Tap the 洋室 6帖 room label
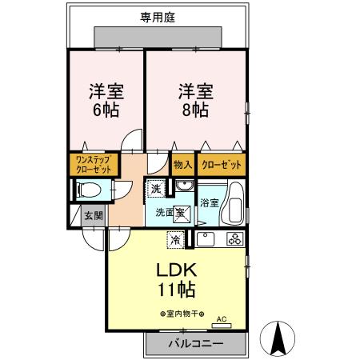pos(106,101)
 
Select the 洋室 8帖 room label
pos(194,101)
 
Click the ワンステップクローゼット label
pos(93,165)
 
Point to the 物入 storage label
pos(182,165)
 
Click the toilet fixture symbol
pos(88,190)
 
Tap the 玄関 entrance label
pos(93,215)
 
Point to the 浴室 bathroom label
pos(210,203)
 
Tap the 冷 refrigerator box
pos(174,238)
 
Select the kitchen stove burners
pos(234,238)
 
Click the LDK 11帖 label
pos(176,277)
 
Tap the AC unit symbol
pos(222,323)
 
